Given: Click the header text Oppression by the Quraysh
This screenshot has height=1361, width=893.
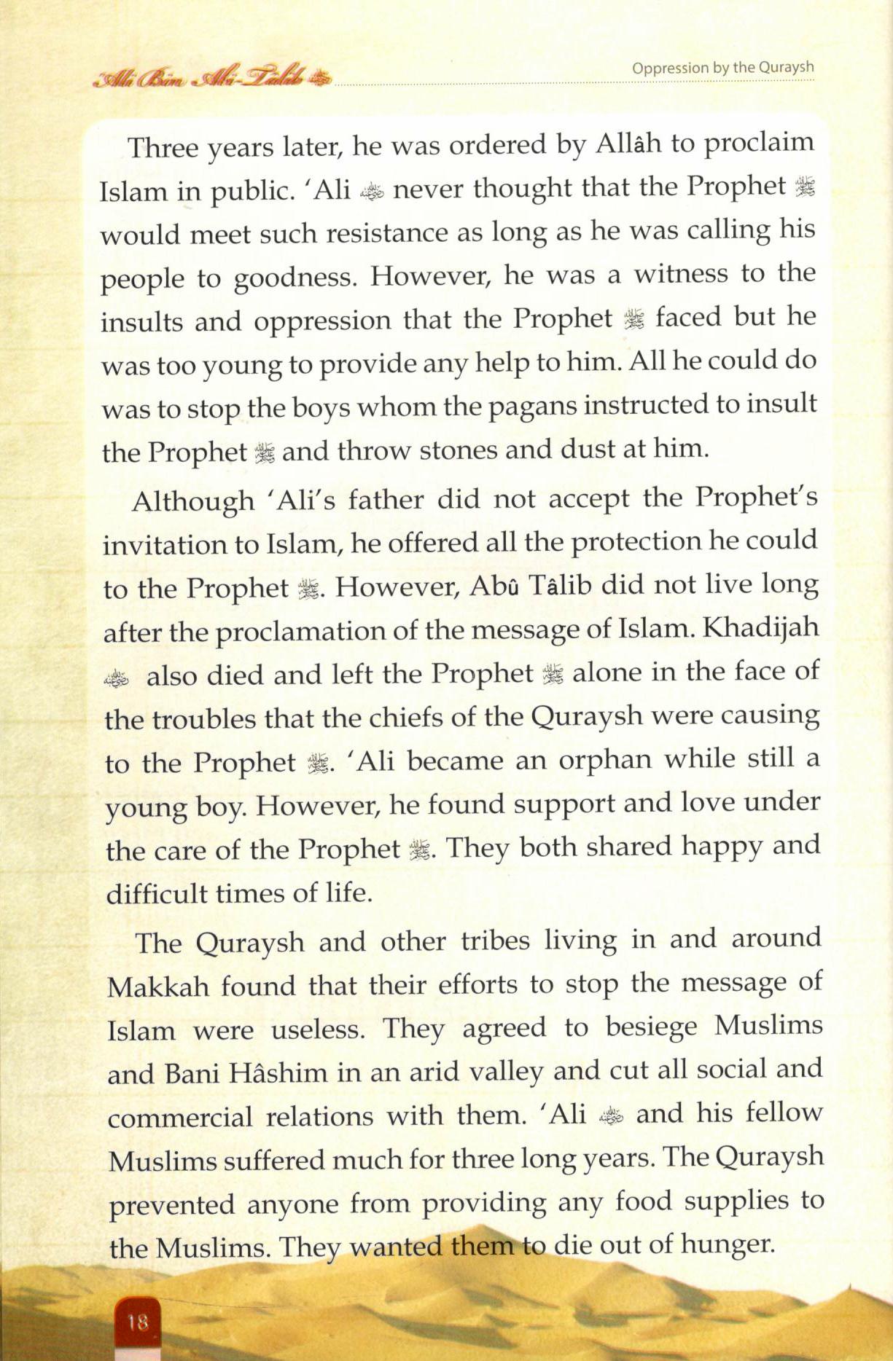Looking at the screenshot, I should (722, 68).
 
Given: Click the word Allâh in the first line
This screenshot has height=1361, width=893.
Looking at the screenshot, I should (628, 144).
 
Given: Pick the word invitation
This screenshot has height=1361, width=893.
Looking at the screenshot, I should (152, 544).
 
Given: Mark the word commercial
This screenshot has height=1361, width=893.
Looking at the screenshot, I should (179, 1117).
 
